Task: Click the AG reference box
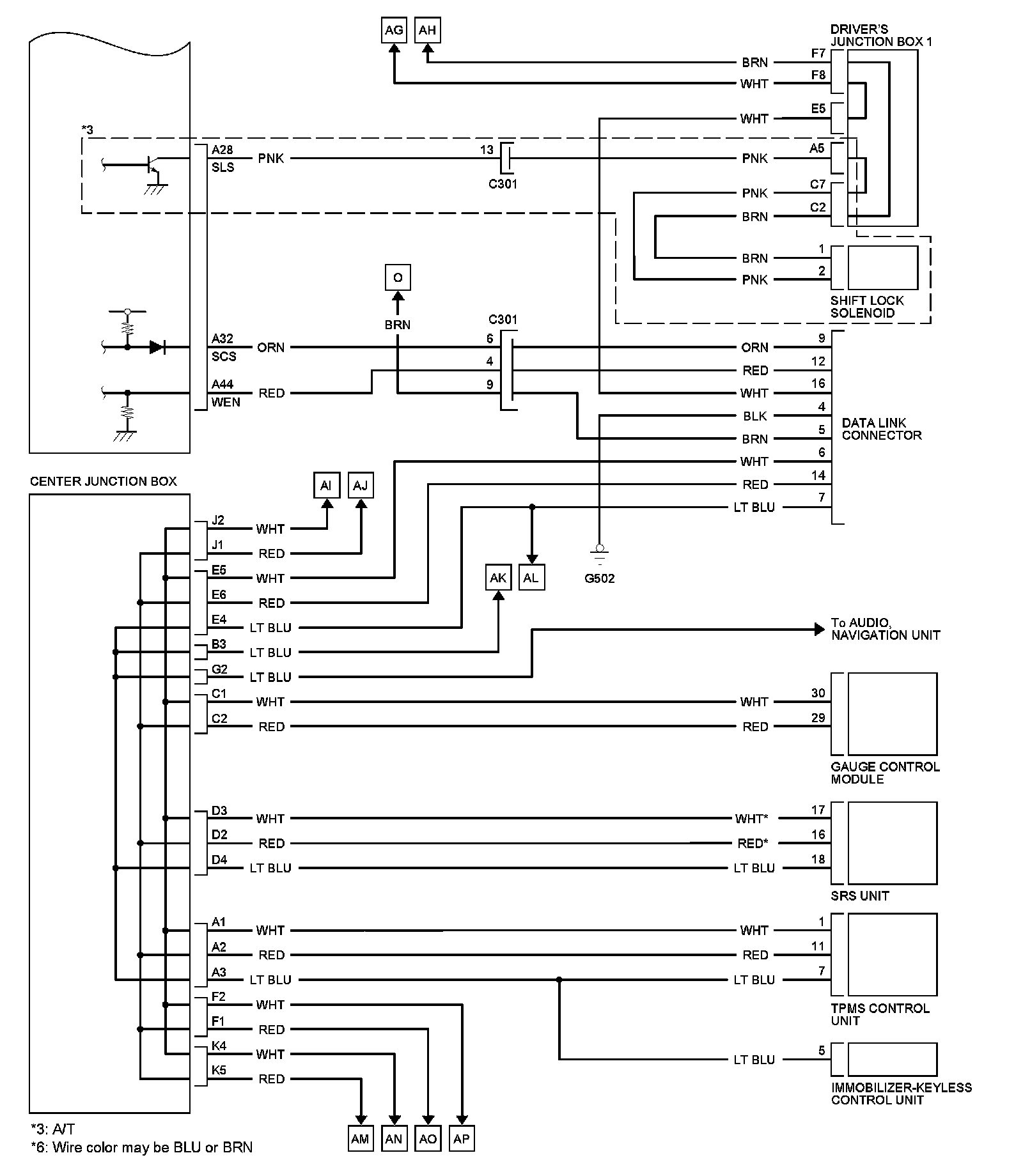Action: point(394,30)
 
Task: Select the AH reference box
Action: point(428,30)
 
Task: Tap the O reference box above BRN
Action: point(398,277)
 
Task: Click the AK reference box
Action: point(498,578)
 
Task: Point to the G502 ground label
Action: point(599,578)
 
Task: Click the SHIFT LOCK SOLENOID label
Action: point(867,307)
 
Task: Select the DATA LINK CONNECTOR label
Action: point(882,429)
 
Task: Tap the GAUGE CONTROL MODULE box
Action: point(893,713)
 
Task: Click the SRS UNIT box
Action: point(893,843)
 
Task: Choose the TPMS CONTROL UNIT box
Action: point(893,954)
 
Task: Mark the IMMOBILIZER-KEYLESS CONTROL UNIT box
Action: point(893,1059)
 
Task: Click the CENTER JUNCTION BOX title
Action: point(104,481)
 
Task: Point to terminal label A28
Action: point(223,150)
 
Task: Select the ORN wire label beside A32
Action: point(271,348)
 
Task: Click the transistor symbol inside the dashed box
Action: point(152,166)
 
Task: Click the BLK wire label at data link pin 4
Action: point(755,416)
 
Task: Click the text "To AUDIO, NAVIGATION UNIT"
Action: point(886,629)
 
